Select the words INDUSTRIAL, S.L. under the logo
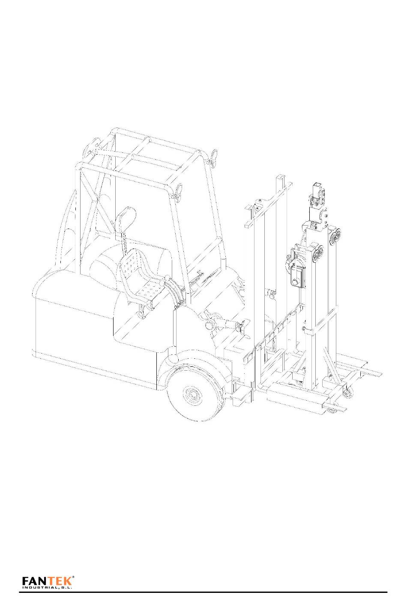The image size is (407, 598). (47, 587)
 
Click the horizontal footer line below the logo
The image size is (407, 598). (203, 592)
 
